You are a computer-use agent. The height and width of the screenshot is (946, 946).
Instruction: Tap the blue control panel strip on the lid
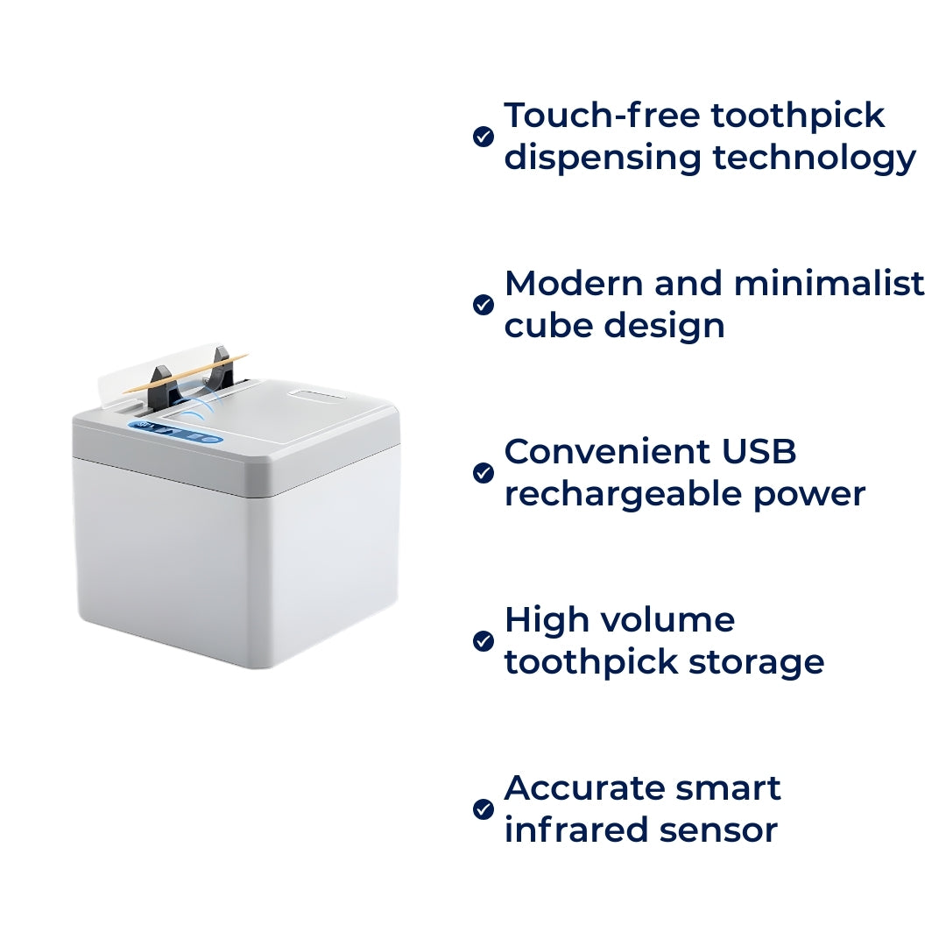click(175, 434)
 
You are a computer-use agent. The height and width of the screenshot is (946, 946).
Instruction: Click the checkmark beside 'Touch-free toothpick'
click(484, 137)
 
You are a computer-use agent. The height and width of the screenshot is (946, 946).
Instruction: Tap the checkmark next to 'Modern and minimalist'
click(484, 305)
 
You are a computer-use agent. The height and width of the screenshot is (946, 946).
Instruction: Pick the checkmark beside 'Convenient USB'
click(484, 473)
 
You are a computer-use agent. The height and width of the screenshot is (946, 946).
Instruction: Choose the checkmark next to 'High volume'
click(484, 641)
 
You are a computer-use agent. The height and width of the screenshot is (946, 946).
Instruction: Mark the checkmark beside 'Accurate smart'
click(484, 809)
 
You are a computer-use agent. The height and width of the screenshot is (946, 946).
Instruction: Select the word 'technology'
click(814, 159)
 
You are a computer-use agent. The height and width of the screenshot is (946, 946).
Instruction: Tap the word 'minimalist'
click(830, 284)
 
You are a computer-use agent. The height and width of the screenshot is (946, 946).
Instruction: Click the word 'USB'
click(759, 452)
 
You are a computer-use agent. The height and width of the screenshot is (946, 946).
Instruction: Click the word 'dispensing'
click(603, 159)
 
